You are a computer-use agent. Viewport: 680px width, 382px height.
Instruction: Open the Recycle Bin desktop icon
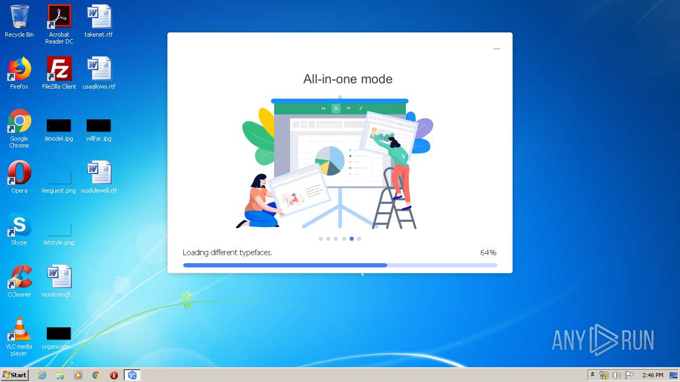(20, 17)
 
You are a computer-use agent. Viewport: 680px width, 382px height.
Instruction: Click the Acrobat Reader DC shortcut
(59, 16)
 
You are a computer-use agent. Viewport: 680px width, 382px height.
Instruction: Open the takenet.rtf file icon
(99, 16)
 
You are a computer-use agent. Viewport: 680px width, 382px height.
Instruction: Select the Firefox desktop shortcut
(20, 68)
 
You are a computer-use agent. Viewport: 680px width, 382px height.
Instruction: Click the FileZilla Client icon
(59, 68)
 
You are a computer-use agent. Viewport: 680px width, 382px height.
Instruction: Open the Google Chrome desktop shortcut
(20, 120)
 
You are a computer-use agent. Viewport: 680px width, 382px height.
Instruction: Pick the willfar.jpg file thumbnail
(99, 125)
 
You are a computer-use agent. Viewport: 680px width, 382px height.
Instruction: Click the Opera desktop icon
(20, 172)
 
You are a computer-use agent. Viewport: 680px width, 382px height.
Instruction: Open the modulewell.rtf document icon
(99, 172)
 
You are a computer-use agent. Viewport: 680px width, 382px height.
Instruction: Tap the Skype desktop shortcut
(20, 224)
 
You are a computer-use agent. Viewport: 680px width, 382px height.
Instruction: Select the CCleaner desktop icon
(20, 276)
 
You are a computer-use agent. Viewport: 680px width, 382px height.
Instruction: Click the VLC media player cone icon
(20, 328)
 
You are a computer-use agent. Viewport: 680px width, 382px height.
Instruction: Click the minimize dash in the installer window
(497, 49)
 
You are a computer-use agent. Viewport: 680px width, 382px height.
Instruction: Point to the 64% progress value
(488, 253)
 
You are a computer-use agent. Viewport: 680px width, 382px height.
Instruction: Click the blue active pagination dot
(352, 239)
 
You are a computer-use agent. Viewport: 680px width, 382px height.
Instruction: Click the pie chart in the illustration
(330, 161)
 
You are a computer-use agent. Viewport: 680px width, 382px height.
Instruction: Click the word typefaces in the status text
(256, 253)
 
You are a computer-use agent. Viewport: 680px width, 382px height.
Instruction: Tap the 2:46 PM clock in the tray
(653, 375)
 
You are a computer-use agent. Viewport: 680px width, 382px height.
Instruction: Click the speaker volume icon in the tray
(617, 375)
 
